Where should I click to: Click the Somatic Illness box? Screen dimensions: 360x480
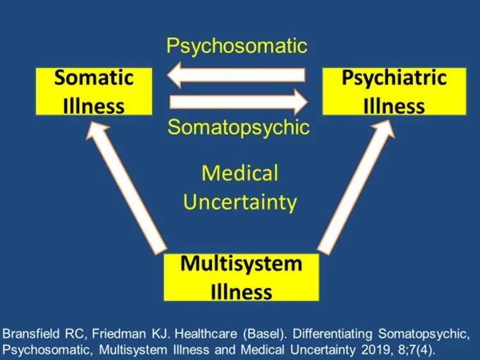[x=93, y=91]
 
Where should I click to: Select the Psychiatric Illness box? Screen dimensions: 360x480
[x=394, y=91]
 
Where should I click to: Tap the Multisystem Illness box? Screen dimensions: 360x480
[x=241, y=278]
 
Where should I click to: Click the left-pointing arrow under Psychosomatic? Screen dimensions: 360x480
[x=237, y=75]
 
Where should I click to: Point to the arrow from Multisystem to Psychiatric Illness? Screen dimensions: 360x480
[x=354, y=189]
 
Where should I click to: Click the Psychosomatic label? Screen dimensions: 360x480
[x=237, y=46]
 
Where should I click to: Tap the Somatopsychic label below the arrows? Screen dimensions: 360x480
[x=238, y=127]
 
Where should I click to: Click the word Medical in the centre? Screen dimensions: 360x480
[x=240, y=173]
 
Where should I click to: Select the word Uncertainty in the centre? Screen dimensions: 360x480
[x=240, y=202]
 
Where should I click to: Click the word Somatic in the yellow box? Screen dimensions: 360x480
[x=93, y=79]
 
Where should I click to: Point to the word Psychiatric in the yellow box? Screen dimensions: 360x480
[x=394, y=79]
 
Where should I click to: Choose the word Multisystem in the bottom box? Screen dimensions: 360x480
[x=241, y=264]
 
